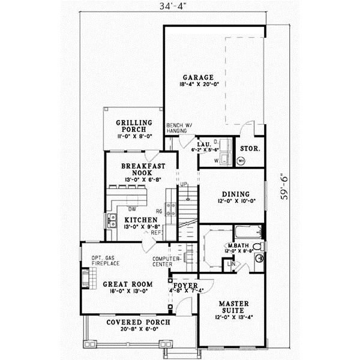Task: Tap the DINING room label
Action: click(232, 194)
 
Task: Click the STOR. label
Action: click(249, 148)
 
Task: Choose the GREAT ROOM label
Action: click(127, 284)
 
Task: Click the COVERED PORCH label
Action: click(139, 322)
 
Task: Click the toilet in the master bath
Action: click(257, 247)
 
